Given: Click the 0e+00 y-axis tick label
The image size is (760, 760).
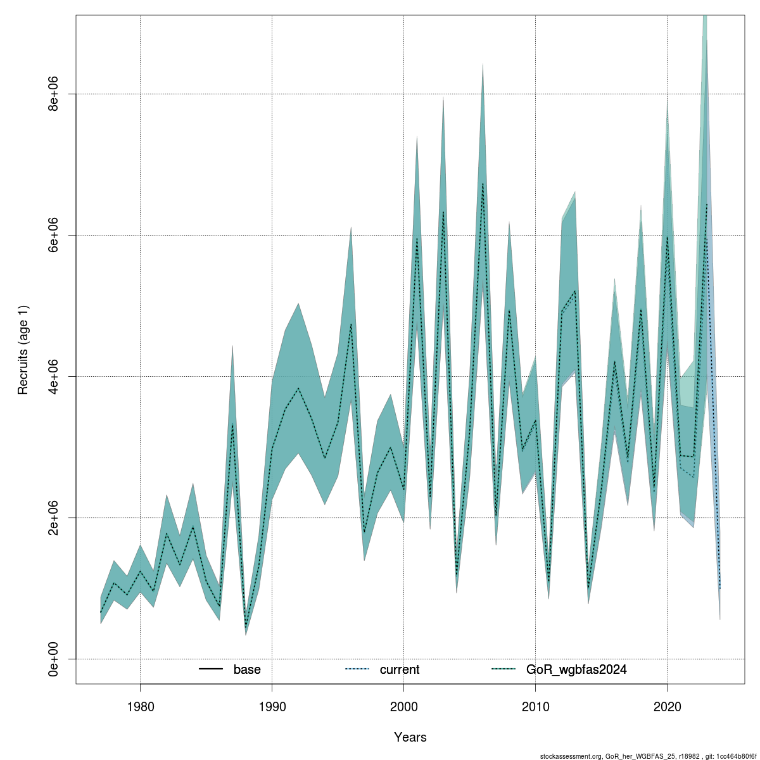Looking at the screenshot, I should pos(56,659).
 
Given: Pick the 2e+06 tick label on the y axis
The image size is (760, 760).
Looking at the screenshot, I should pos(56,517).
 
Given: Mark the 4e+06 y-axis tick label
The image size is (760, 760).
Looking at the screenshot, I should pos(56,376).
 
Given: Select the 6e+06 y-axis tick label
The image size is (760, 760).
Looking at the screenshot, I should pos(56,235).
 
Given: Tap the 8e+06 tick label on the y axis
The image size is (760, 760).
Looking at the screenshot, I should pos(56,94).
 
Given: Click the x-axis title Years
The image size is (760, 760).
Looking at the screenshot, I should pos(410,737).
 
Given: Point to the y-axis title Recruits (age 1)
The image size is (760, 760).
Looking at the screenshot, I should pos(23,350).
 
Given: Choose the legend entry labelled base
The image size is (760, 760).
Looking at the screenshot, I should pos(246,669).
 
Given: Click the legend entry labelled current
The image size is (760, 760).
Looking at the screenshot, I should pos(399,669).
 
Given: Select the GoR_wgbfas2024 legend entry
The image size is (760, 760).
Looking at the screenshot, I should pos(576,669).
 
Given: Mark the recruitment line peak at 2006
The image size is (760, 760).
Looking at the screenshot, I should pos(483,183).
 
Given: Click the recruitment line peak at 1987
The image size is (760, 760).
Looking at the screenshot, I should pos(232,423).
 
